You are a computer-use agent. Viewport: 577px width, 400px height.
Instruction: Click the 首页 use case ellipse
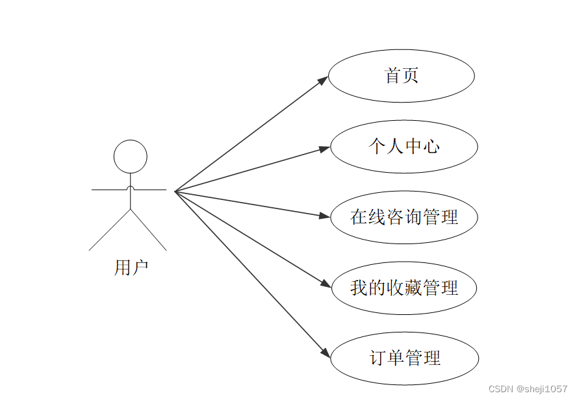(x=401, y=76)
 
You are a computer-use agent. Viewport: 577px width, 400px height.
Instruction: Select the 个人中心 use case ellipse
(x=404, y=146)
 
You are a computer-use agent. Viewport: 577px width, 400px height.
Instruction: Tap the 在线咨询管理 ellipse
(x=404, y=217)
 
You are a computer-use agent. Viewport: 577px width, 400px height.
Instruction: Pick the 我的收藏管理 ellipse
(x=404, y=288)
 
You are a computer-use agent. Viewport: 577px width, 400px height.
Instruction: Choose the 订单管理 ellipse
(x=404, y=358)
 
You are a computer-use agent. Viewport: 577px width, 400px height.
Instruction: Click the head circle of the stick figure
(x=131, y=156)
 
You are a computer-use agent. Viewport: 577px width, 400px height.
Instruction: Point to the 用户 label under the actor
(x=131, y=267)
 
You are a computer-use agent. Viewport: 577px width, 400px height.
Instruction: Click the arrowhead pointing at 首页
(x=323, y=80)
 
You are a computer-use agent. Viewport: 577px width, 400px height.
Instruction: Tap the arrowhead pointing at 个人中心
(x=325, y=149)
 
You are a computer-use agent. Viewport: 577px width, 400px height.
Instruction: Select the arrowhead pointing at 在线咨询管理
(x=326, y=216)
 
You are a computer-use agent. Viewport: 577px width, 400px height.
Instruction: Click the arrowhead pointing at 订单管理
(x=326, y=353)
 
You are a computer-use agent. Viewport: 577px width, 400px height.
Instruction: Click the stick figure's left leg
(x=110, y=230)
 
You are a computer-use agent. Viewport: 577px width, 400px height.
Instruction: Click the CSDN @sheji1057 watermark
(x=527, y=388)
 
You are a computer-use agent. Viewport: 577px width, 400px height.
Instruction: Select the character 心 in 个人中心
(x=431, y=146)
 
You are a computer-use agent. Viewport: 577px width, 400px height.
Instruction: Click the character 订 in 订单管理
(x=378, y=358)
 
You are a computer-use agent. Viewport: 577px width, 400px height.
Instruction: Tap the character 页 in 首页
(x=410, y=76)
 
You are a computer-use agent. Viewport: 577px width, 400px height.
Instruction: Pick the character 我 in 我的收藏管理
(x=359, y=288)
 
